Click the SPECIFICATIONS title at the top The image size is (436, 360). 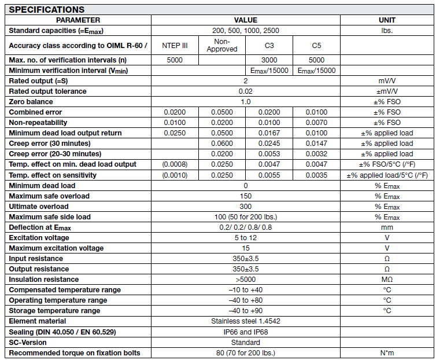coord(47,9)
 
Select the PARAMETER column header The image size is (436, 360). coord(78,20)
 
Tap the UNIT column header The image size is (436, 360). coord(386,20)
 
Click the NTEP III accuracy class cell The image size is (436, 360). coord(174,45)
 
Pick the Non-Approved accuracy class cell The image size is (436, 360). coord(221,45)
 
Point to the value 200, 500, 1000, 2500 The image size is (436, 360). coord(245,30)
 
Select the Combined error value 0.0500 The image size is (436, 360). coord(221,112)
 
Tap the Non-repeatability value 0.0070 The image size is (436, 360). coord(316,122)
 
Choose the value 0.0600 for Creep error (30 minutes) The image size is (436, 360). coord(221,143)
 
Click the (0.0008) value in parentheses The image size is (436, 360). coord(174,164)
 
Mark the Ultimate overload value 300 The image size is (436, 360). coord(245,206)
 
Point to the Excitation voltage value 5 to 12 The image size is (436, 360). coord(245,237)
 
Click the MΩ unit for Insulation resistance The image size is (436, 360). coord(386,279)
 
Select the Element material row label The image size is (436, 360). coord(38,321)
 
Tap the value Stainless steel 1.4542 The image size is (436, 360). coord(245,321)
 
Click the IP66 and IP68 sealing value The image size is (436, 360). coord(245,332)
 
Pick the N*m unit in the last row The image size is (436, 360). coord(386,352)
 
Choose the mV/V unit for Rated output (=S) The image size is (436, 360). coord(386,80)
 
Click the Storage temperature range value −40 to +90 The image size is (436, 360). coord(245,310)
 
